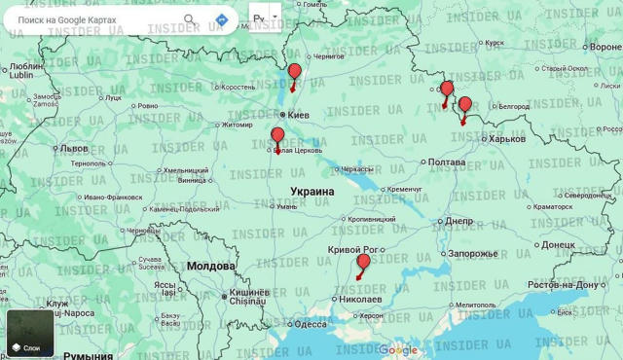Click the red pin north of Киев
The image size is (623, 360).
pos(295,72)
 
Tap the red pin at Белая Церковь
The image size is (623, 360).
pos(277,135)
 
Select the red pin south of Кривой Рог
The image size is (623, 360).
pos(363,262)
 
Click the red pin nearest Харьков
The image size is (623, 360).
pos(464,105)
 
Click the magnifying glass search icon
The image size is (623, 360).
pos(190,19)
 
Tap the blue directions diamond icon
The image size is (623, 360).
pos(222,19)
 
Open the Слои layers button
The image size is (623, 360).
pos(31,333)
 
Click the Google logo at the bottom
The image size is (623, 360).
pos(397,350)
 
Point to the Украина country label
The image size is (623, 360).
pos(311,192)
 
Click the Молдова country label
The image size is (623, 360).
pos(210,266)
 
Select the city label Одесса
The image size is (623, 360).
pos(311,325)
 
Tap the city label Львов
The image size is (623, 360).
pos(73,149)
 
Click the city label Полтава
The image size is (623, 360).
pos(447,162)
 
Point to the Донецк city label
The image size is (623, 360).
pos(565,246)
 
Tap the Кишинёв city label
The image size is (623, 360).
pos(248,294)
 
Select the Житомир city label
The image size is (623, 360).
pos(237,125)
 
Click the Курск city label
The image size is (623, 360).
pos(495,43)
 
